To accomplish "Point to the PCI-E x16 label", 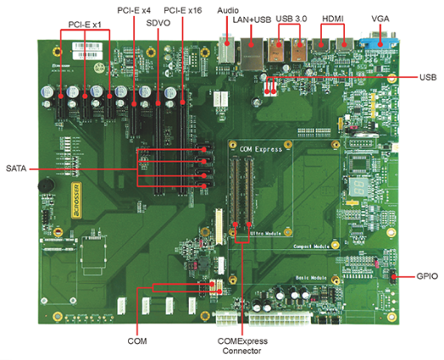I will [183, 9].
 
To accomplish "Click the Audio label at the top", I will [228, 9].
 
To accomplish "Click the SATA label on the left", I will [16, 168].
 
